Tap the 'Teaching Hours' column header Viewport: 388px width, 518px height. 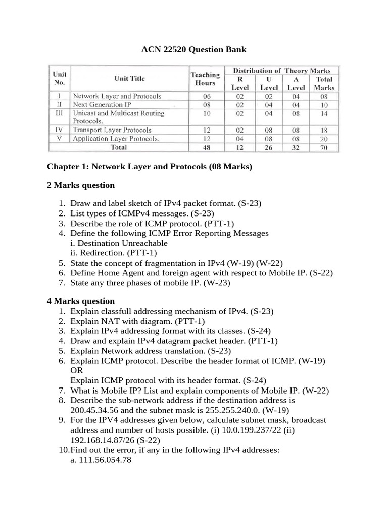tap(205, 79)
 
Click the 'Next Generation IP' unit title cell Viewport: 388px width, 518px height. tap(102, 105)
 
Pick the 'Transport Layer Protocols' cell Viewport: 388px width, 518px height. tap(112, 129)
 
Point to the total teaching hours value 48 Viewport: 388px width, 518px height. tap(205, 147)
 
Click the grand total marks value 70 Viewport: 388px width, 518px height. tap(324, 147)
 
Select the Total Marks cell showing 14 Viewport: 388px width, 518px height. tap(324, 114)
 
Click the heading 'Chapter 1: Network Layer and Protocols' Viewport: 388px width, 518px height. tap(149, 167)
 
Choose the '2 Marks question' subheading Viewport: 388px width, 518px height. tap(81, 185)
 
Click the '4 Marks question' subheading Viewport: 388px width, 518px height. tap(81, 301)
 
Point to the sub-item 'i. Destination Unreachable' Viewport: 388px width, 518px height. tap(119, 243)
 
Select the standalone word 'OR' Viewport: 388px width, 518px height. tap(76, 370)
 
